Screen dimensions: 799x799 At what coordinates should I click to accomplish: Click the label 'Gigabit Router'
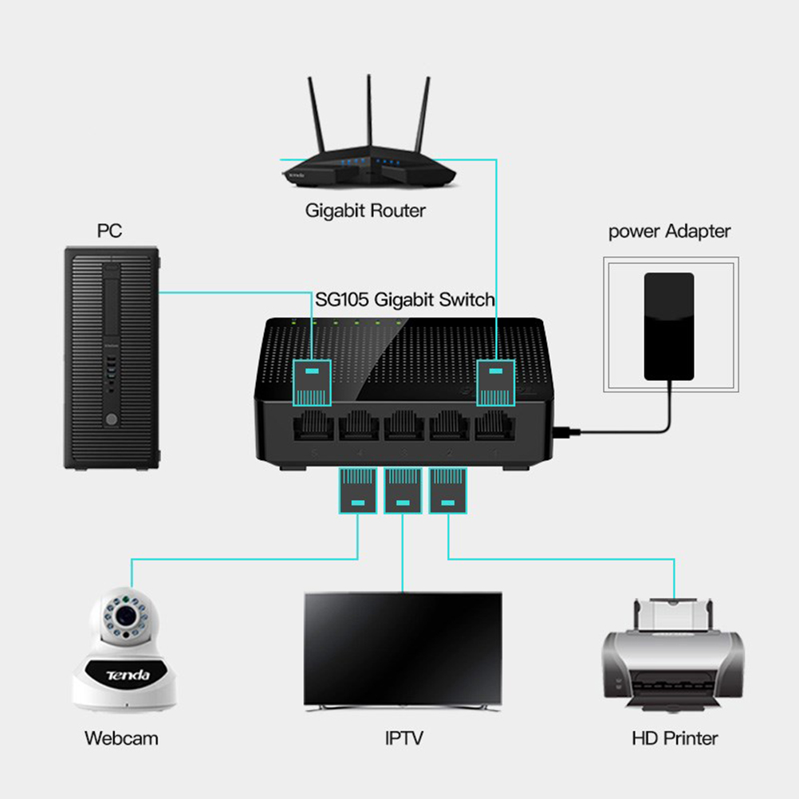click(365, 211)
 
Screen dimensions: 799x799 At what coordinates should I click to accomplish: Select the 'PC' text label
click(109, 231)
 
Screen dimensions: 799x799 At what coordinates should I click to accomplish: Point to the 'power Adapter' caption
click(669, 232)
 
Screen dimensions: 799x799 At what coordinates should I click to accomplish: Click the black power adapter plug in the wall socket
click(669, 325)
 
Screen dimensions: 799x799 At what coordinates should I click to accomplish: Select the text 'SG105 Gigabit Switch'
click(405, 300)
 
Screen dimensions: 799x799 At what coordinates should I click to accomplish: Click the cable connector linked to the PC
click(313, 384)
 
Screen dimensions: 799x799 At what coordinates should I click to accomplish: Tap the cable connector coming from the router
click(496, 384)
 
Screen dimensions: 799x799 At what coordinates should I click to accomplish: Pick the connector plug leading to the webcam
click(358, 489)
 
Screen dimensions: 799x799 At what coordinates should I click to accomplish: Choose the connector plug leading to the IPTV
click(403, 489)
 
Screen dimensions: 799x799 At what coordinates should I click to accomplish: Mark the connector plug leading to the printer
click(448, 489)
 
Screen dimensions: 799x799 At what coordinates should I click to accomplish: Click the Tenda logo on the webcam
click(128, 675)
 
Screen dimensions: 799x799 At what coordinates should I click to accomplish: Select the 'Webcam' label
click(121, 738)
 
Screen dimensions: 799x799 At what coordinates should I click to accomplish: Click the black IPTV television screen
click(403, 646)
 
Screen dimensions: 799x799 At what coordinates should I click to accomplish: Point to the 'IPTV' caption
click(403, 738)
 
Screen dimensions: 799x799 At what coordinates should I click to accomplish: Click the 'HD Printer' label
click(675, 738)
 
